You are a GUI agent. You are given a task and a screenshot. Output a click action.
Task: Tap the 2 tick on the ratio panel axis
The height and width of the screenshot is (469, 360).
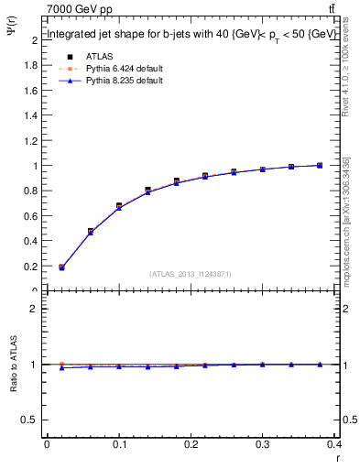[35, 309]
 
